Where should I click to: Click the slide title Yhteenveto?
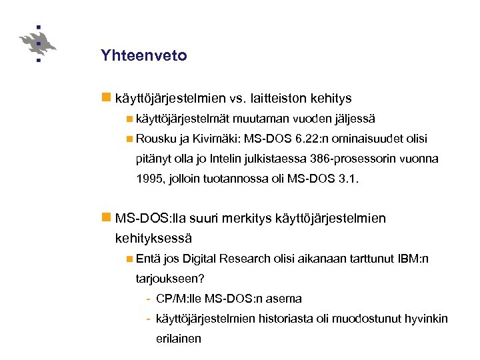click(x=143, y=56)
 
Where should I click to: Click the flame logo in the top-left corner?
click(x=38, y=43)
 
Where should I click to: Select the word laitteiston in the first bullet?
click(x=279, y=99)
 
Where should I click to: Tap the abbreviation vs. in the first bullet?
click(x=238, y=99)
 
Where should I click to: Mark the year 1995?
click(x=149, y=179)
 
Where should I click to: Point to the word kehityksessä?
click(x=153, y=237)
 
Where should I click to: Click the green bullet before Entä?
click(x=129, y=258)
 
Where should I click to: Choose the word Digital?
click(x=200, y=258)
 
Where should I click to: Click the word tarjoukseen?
click(x=169, y=278)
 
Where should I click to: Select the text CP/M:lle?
click(x=177, y=298)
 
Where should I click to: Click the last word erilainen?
click(x=178, y=338)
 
